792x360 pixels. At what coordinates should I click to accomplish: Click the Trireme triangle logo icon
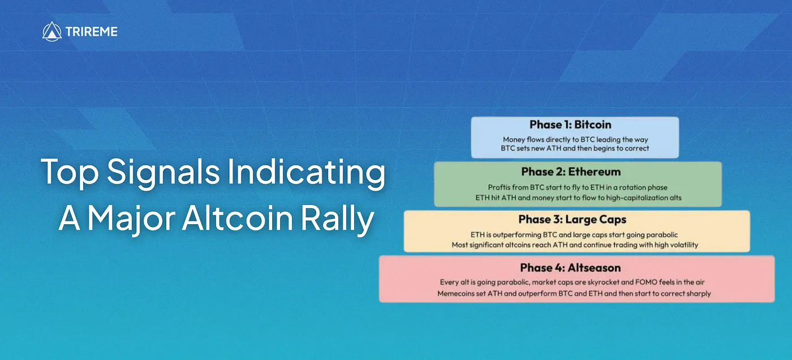[51, 32]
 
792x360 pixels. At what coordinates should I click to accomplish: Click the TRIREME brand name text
[92, 32]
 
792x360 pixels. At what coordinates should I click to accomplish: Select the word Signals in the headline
[163, 172]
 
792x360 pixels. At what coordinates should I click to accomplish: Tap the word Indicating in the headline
[306, 172]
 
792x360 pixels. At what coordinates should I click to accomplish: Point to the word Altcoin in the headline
[237, 218]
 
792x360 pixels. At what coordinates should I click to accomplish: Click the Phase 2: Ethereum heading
[571, 172]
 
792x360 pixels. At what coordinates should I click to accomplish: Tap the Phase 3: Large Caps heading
[572, 219]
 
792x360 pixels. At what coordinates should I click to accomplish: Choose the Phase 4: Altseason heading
[570, 268]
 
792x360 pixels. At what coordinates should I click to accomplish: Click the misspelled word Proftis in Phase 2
[499, 187]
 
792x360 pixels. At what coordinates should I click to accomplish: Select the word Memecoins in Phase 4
[455, 294]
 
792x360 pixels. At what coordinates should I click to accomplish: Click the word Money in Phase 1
[514, 140]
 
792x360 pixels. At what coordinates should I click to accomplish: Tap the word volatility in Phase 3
[683, 245]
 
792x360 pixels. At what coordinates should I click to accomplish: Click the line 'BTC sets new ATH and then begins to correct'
[575, 148]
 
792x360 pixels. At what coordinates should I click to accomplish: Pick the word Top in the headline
[70, 172]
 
